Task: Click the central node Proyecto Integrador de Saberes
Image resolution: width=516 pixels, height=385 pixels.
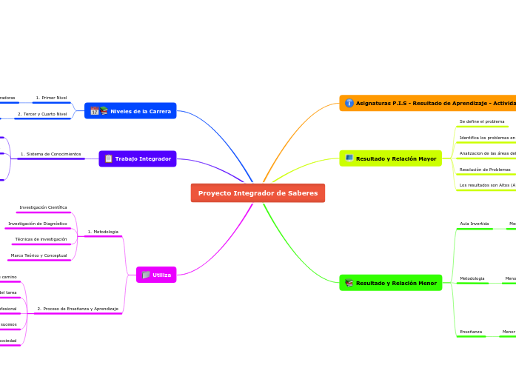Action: (x=258, y=193)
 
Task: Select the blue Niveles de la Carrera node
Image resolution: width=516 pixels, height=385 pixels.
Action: (x=131, y=111)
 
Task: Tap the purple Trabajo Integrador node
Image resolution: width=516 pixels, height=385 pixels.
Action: (x=138, y=158)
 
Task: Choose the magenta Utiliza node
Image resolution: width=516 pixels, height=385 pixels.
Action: (x=156, y=275)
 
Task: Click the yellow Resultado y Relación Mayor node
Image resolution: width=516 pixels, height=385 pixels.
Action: (x=391, y=158)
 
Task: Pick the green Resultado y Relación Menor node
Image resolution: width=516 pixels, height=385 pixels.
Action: (x=391, y=283)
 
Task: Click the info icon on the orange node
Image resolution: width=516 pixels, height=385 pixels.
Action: (x=349, y=103)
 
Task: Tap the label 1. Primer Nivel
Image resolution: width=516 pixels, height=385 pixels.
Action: (x=51, y=98)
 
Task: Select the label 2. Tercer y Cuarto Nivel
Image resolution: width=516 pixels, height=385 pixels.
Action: (x=42, y=114)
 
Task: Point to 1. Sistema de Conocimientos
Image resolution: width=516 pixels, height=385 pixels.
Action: (x=51, y=154)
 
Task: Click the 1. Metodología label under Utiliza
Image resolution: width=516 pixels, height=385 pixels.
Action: (x=103, y=232)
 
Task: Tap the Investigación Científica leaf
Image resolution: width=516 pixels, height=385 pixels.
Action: (x=44, y=207)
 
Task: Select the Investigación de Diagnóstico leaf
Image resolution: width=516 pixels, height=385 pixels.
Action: (x=38, y=224)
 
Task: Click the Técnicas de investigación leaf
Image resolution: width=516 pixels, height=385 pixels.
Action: (x=41, y=239)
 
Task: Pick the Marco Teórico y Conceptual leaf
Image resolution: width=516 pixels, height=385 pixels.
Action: (x=38, y=255)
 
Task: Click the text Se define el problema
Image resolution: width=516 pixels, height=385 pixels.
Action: (x=482, y=121)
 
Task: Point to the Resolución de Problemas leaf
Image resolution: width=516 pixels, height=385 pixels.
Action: (x=485, y=170)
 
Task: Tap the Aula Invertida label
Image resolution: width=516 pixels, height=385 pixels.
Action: (x=475, y=224)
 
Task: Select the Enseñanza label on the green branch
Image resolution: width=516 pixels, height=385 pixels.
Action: (x=471, y=332)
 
